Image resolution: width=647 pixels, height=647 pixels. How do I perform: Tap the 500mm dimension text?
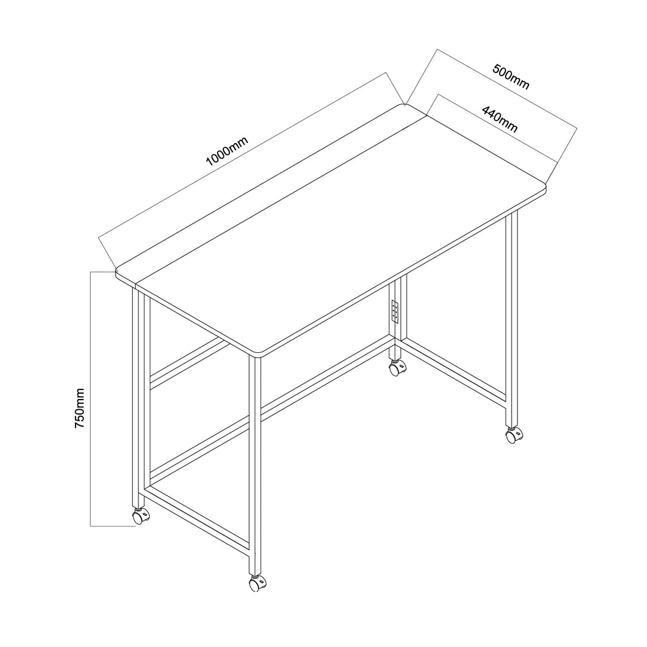(511, 76)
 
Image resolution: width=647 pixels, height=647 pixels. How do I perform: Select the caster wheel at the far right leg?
(512, 436)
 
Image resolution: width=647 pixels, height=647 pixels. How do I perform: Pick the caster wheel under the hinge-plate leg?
(395, 368)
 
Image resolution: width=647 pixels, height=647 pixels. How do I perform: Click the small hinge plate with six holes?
(395, 310)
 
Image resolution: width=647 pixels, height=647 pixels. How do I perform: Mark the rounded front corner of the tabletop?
(258, 355)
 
